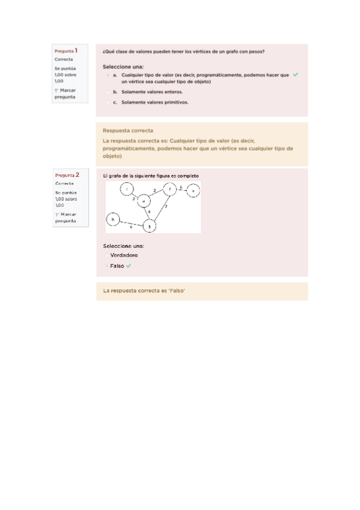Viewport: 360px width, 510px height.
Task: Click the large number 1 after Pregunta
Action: [x=77, y=51]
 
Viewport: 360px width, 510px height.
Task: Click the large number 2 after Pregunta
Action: [x=78, y=174]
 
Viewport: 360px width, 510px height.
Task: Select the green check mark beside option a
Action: [x=295, y=75]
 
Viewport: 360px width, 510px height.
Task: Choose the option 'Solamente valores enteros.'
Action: [x=151, y=92]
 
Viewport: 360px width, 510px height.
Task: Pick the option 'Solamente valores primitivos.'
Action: [x=154, y=102]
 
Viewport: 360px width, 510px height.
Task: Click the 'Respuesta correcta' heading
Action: [x=128, y=131]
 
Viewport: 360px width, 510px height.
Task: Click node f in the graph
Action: [x=170, y=190]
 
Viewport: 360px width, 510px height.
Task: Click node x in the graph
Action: [x=193, y=191]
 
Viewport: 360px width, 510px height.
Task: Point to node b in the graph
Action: [x=113, y=220]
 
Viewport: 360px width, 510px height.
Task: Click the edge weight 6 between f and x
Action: [x=182, y=188]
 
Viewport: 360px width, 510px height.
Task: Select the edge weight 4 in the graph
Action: [x=149, y=212]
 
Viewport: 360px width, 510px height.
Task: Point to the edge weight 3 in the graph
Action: [x=133, y=198]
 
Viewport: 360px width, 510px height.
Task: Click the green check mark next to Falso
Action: [x=129, y=266]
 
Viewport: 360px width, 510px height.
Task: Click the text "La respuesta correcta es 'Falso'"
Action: [x=144, y=291]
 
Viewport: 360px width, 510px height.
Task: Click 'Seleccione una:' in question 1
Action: [x=123, y=66]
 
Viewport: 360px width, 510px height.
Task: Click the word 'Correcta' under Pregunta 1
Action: [x=64, y=60]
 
